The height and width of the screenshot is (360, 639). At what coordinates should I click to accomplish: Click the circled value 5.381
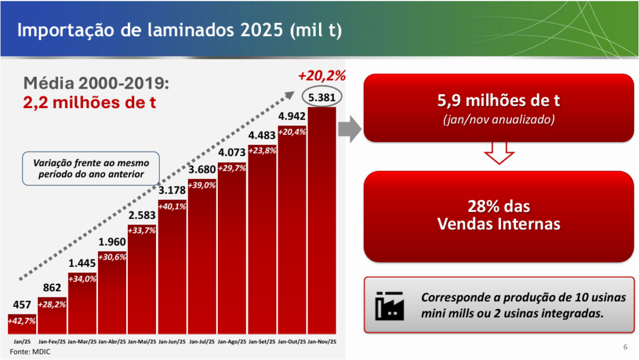[322, 97]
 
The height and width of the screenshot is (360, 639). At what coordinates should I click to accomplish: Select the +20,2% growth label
[321, 76]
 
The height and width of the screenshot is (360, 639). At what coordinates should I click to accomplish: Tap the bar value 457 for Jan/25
[22, 305]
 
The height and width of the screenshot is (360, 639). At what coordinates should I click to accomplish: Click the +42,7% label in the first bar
[22, 320]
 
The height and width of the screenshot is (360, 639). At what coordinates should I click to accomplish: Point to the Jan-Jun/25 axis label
[172, 342]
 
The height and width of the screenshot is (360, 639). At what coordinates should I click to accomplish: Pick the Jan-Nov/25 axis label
[322, 342]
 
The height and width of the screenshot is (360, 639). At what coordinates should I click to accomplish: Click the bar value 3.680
[202, 170]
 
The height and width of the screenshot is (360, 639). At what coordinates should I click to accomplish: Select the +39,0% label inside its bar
[202, 185]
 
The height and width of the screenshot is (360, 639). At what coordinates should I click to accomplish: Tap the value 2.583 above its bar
[142, 215]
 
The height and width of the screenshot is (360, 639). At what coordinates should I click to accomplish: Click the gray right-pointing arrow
[349, 128]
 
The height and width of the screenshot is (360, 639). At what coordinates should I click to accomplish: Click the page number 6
[625, 348]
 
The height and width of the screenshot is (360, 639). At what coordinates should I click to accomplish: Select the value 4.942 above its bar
[292, 116]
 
